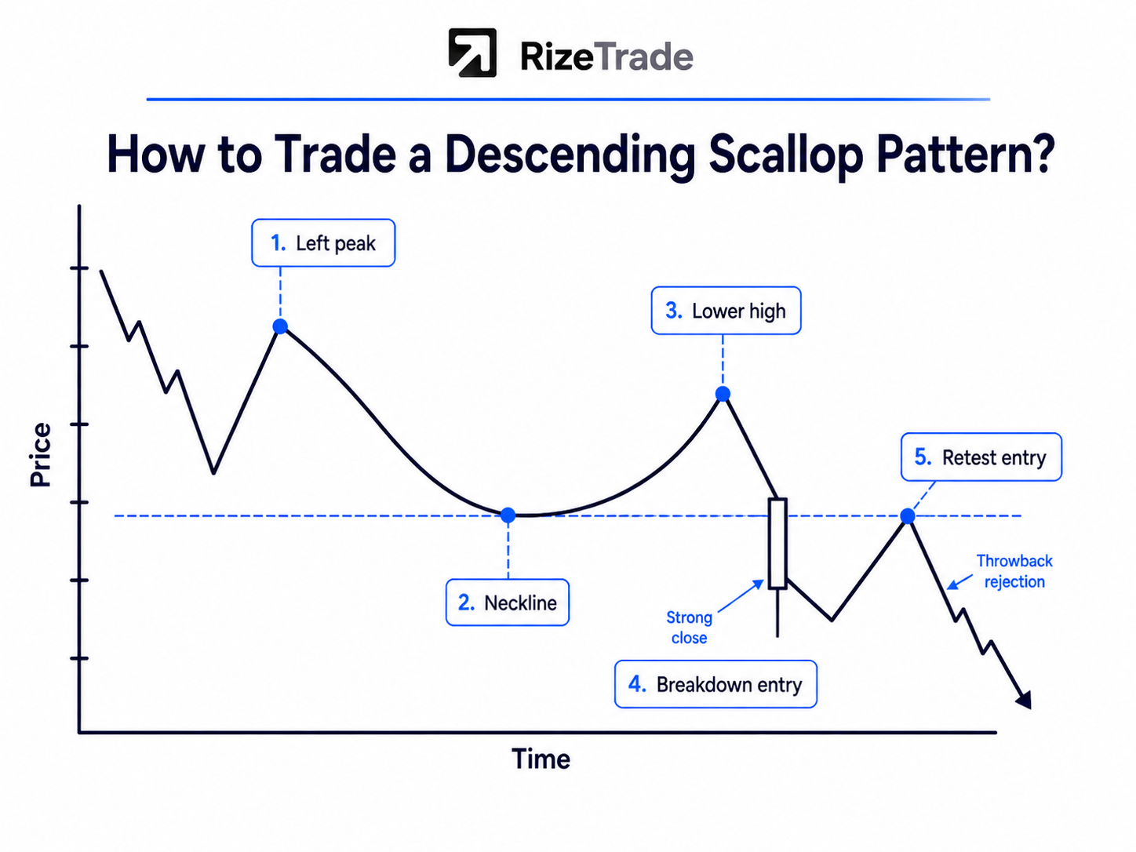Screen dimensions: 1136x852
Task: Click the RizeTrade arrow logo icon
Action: tap(472, 53)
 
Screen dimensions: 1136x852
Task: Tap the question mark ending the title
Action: tap(1040, 153)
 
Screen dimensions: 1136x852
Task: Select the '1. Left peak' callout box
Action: tap(323, 242)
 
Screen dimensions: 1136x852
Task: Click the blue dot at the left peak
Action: tap(280, 326)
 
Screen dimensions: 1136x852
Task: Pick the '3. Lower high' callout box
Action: tap(726, 311)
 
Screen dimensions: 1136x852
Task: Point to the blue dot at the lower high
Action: tap(723, 394)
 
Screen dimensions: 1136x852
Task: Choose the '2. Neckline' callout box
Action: tap(507, 603)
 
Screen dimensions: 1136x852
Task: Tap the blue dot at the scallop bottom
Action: tap(508, 515)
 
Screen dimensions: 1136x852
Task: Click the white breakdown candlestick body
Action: tap(777, 543)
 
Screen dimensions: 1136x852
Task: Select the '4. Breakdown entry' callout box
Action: tap(715, 684)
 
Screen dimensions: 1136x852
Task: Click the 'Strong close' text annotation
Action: tap(689, 627)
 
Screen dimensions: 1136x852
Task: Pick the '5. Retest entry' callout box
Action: tap(981, 457)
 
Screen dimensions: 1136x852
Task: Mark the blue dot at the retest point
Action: tap(907, 515)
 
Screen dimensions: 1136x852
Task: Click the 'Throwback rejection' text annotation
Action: tap(1014, 571)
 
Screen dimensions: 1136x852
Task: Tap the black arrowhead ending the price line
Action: tap(1025, 700)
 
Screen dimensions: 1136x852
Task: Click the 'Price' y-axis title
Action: tap(40, 455)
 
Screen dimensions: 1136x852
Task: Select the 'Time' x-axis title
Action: tap(541, 759)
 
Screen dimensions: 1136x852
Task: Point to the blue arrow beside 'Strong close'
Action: tap(741, 596)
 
